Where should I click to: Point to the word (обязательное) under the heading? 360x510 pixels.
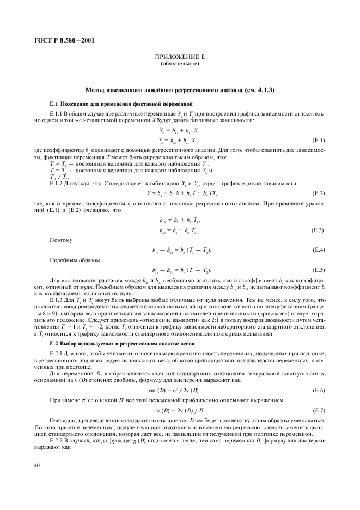[x=180, y=64]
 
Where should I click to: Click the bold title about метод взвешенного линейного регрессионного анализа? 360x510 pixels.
[x=180, y=89]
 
